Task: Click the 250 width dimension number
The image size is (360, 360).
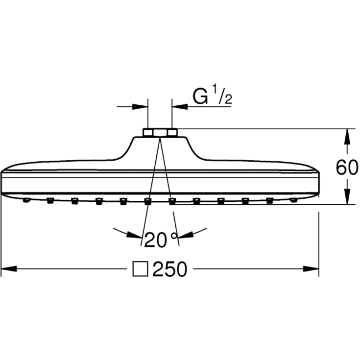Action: coord(170,269)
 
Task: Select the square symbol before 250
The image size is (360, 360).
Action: coord(141,269)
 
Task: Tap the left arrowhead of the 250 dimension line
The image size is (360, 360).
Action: coord(10,268)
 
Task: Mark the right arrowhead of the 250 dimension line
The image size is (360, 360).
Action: coord(311,268)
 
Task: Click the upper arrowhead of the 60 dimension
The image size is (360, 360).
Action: coord(347,136)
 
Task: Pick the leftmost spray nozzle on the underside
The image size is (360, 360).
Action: coord(26,200)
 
